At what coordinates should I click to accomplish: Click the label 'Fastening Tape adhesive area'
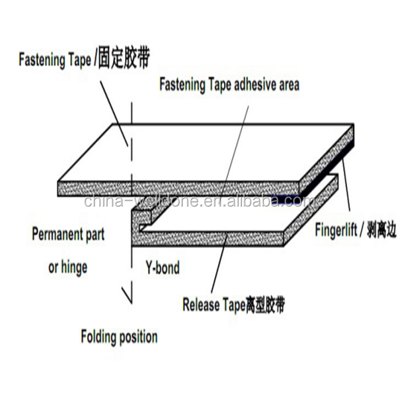coord(228,84)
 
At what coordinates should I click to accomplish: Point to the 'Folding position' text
coord(119,336)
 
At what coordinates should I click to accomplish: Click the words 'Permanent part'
coord(68,234)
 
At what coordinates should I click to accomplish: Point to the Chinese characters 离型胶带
coord(267,305)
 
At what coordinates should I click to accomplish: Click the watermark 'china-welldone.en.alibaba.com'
coord(199,201)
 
